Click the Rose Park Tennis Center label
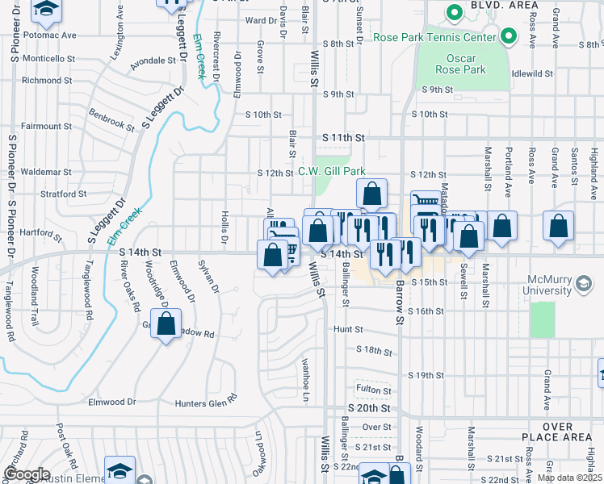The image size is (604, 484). [434, 37]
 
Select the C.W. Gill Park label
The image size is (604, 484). [332, 171]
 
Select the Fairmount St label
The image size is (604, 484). [46, 127]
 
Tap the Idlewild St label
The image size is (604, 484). [531, 73]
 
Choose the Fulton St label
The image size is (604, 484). [374, 390]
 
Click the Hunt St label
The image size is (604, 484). [350, 330]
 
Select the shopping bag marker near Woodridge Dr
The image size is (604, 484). [166, 325]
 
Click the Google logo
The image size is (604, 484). [26, 474]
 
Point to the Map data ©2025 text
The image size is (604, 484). [569, 478]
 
